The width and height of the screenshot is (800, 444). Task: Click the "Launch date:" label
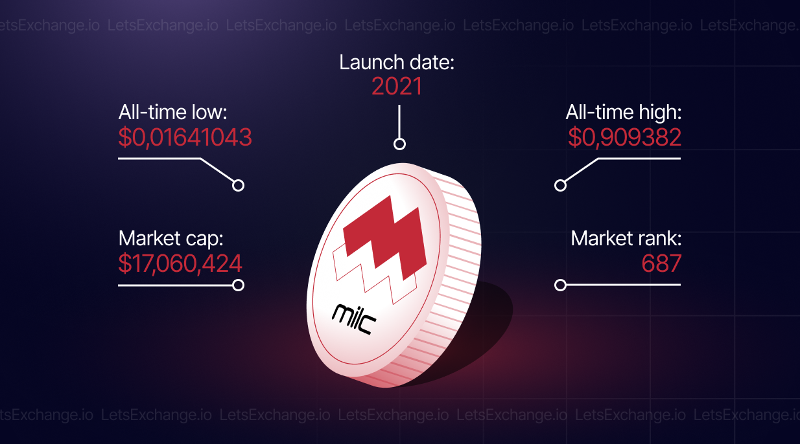396,62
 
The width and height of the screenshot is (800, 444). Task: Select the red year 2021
396,86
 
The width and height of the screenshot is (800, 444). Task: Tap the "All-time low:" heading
172,112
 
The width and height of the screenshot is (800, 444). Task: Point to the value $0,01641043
185,137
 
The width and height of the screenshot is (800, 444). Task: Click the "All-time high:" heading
624,112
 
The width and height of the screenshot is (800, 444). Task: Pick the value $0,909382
625,137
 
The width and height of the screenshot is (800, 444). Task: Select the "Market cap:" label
171,239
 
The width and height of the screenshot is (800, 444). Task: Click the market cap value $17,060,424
180,264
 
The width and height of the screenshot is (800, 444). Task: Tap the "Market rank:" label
626,238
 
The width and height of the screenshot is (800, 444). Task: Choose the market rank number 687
661,263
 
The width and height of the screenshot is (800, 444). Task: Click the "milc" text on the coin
353,319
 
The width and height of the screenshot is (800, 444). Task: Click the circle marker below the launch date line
399,144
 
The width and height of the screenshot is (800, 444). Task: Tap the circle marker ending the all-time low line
238,186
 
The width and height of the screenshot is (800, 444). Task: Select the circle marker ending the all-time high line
560,186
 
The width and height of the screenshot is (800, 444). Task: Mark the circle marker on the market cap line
238,285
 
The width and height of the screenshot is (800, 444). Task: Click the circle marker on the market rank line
560,285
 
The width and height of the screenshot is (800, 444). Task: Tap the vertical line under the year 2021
399,122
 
